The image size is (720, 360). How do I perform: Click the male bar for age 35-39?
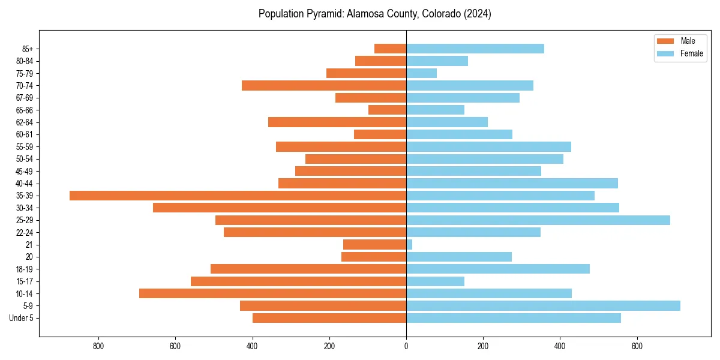238,196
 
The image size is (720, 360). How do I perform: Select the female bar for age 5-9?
543,305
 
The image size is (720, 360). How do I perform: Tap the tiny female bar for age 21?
409,244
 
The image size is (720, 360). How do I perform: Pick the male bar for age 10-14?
272,293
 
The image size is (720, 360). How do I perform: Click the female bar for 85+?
475,49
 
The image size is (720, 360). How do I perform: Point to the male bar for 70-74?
324,85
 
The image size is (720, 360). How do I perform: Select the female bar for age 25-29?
538,220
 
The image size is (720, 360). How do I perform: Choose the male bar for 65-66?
387,110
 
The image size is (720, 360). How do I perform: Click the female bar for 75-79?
421,73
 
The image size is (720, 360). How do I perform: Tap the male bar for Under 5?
329,318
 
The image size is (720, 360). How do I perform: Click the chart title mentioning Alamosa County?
374,14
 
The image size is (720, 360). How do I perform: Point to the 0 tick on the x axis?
406,346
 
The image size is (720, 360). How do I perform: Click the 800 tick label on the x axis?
98,346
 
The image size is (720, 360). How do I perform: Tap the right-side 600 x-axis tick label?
637,346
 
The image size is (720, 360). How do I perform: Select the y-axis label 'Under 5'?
21,318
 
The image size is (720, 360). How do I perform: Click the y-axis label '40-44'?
25,184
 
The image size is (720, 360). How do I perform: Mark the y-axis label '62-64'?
25,122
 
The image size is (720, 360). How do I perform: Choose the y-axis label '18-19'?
25,269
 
